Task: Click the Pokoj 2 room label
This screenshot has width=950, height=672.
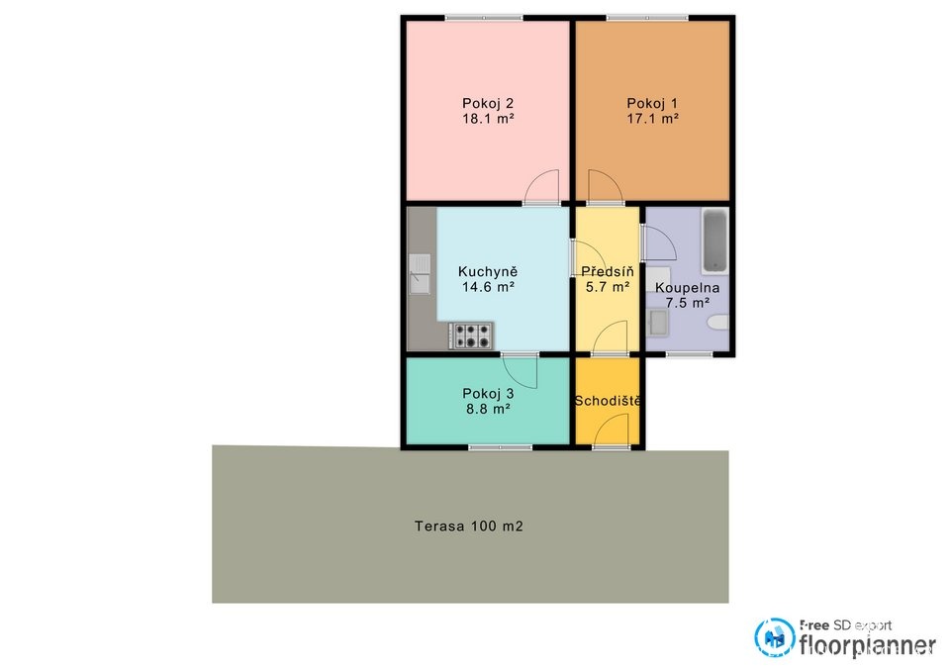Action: (488, 103)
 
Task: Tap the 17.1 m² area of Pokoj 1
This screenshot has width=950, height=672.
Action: (652, 119)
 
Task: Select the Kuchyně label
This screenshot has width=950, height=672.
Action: (488, 271)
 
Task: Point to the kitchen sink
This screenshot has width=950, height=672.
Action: (420, 274)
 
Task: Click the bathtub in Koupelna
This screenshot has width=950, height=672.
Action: (715, 241)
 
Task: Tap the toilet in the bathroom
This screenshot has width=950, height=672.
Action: (718, 323)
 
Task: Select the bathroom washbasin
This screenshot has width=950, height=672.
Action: (658, 323)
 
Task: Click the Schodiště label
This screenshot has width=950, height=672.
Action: (608, 401)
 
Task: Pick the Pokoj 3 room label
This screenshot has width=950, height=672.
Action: (488, 393)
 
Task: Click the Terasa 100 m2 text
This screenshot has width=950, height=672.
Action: (468, 526)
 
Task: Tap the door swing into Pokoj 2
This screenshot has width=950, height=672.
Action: (541, 187)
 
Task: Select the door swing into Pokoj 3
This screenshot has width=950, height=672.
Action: (520, 371)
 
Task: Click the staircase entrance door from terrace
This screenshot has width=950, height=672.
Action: (612, 431)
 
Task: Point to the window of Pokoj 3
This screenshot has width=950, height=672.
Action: (500, 447)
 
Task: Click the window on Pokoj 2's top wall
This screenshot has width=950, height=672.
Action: (484, 18)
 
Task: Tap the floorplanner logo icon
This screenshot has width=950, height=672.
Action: (774, 637)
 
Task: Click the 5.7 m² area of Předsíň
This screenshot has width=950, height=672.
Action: (608, 287)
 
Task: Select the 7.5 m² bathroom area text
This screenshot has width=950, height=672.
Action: (687, 303)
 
